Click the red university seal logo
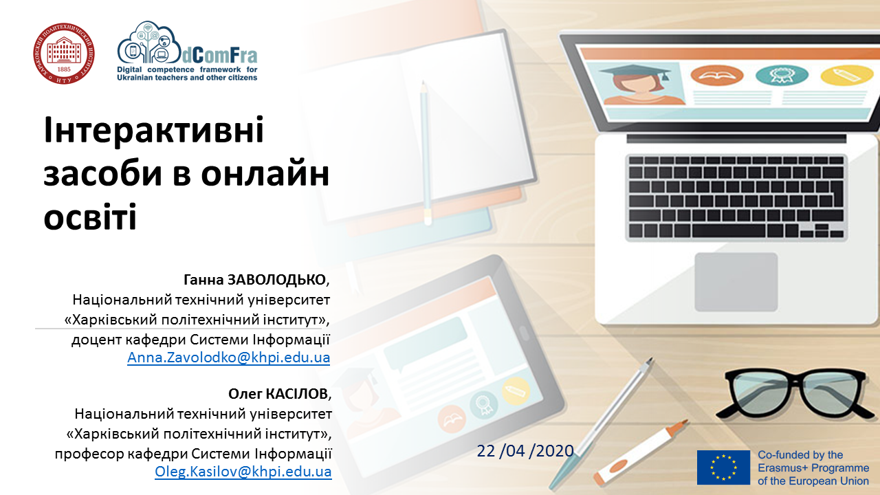point(64,54)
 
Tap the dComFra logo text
point(219,56)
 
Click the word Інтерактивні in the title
point(154,130)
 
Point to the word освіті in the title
point(90,216)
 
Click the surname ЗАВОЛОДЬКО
point(276,280)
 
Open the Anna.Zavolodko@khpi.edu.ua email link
point(229,357)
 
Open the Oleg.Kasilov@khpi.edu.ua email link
point(243,472)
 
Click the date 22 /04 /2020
point(525,451)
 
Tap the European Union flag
point(723,467)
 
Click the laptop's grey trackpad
point(736,282)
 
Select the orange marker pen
point(640,452)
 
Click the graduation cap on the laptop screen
point(634,71)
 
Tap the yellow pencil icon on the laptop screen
point(846,76)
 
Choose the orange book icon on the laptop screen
point(716,75)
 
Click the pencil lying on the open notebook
point(425,153)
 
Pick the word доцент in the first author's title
point(97,340)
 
